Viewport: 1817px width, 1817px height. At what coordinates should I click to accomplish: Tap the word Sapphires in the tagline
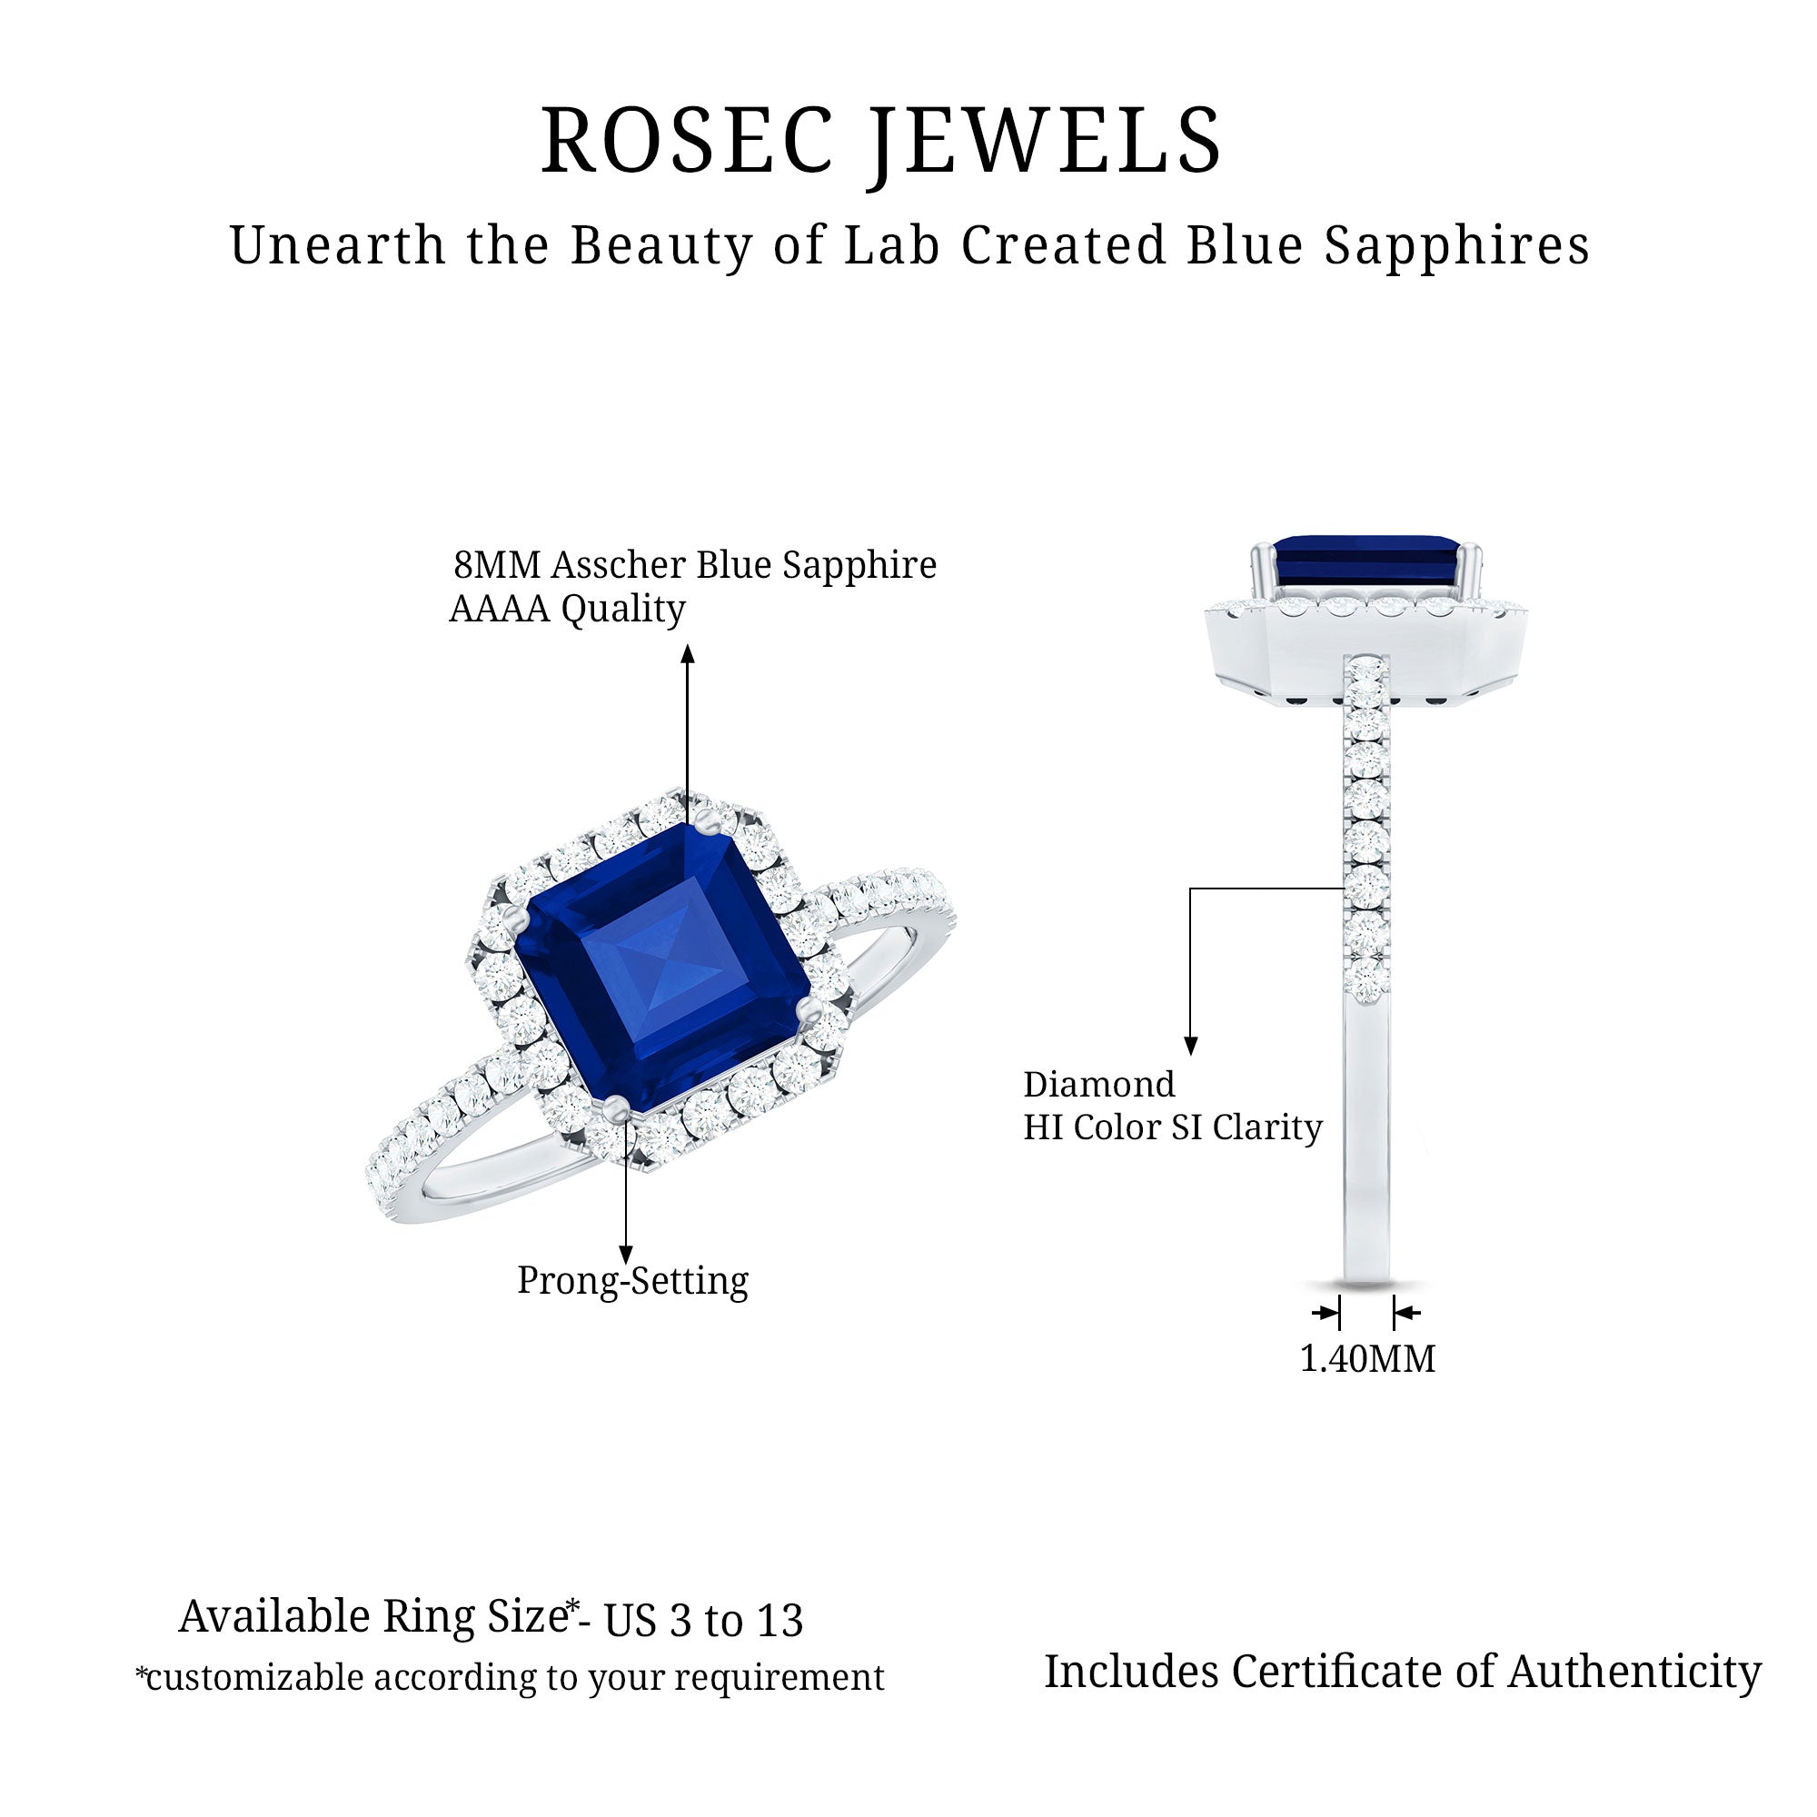pyautogui.click(x=1457, y=247)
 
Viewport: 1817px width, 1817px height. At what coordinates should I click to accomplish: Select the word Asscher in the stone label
pyautogui.click(x=617, y=565)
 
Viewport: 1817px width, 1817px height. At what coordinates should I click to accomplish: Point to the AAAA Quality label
pyautogui.click(x=567, y=610)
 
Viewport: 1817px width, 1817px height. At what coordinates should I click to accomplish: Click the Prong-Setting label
pyautogui.click(x=633, y=1281)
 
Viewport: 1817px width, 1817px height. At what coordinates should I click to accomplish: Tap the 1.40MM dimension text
pyautogui.click(x=1367, y=1359)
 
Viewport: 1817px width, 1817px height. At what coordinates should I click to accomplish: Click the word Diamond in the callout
pyautogui.click(x=1099, y=1085)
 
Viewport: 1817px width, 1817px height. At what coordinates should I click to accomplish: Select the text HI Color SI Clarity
pyautogui.click(x=1173, y=1127)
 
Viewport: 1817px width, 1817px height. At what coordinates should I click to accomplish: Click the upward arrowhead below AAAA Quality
pyautogui.click(x=689, y=654)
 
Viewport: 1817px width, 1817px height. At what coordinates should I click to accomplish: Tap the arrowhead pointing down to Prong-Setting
pyautogui.click(x=626, y=1255)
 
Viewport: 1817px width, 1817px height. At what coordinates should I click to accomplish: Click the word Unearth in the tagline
pyautogui.click(x=338, y=246)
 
